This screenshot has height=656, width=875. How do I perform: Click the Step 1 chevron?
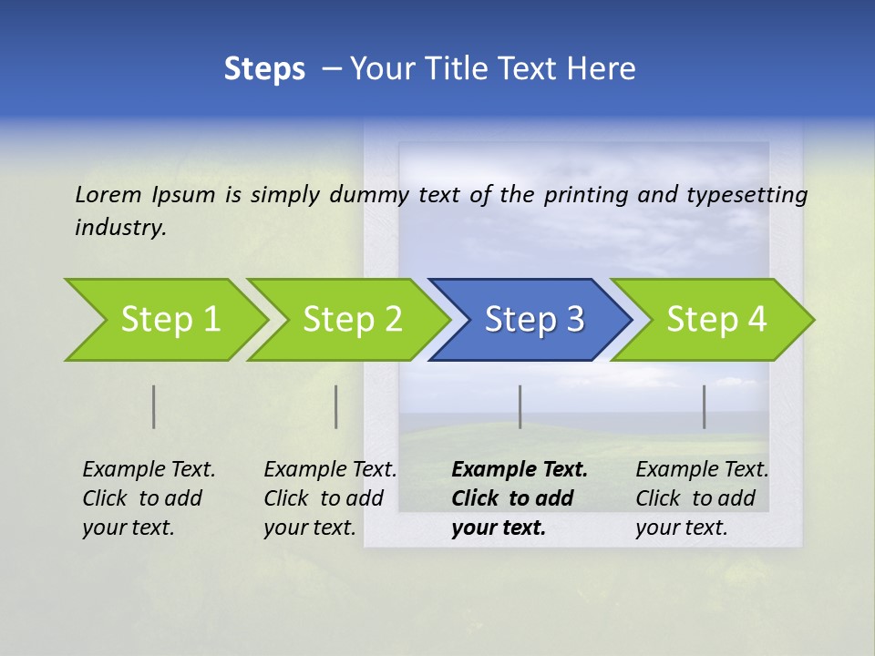[169, 319]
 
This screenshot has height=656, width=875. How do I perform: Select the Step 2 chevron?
[351, 319]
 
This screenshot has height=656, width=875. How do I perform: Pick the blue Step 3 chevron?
[533, 319]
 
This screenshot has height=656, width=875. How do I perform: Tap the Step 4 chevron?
[715, 319]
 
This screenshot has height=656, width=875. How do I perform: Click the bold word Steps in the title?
[264, 69]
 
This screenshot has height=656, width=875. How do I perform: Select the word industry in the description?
[120, 228]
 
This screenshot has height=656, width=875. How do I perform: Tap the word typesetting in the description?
[746, 194]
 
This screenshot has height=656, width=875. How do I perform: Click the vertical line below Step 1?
[154, 406]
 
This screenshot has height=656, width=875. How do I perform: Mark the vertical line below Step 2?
[336, 406]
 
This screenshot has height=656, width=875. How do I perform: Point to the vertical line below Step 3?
[520, 406]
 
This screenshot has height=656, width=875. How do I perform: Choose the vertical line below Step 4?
[705, 406]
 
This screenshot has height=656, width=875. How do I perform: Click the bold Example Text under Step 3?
[520, 469]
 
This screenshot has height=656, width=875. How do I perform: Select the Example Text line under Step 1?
[149, 469]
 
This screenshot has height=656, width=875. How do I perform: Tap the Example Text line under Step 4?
[702, 469]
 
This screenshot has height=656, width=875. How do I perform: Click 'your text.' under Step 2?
[310, 528]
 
